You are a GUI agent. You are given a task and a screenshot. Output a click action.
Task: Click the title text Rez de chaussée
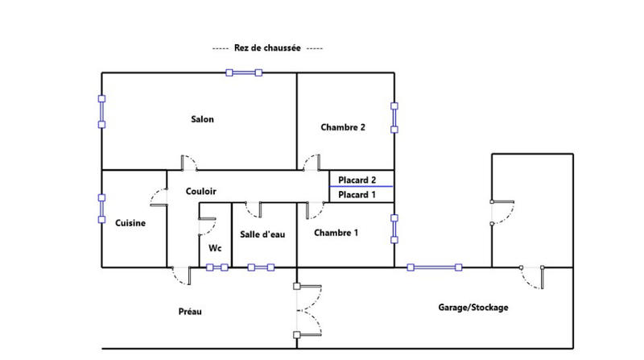[x=268, y=48]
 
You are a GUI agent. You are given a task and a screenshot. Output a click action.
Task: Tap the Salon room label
[x=202, y=120]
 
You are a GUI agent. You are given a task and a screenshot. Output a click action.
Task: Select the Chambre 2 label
[x=343, y=127]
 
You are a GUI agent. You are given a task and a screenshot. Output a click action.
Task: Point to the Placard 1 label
[x=357, y=195]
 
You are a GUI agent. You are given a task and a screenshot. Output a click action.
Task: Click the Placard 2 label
[x=357, y=180]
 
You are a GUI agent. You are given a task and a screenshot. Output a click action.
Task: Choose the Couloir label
[x=200, y=192]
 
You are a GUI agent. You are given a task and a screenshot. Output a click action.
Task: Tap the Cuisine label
[x=130, y=223]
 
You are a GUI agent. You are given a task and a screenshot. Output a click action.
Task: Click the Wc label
[x=214, y=248]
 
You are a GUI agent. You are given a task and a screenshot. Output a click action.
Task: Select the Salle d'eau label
[x=262, y=234]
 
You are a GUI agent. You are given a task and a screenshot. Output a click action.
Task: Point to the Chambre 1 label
[x=336, y=233]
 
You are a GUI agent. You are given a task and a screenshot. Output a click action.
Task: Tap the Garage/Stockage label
[x=473, y=307]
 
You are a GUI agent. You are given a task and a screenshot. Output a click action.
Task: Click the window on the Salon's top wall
[x=243, y=72]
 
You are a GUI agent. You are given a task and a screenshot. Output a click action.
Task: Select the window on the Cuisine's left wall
[x=101, y=208]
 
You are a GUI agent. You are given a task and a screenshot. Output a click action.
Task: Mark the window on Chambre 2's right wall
[x=394, y=118]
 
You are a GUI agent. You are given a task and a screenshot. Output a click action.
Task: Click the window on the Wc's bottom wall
[x=217, y=267]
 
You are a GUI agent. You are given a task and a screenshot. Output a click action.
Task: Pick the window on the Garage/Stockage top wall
[x=435, y=267]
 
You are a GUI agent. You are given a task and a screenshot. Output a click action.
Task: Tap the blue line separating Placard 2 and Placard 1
[x=361, y=187]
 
